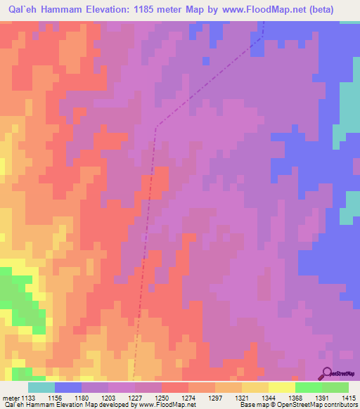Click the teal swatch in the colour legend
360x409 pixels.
tap(41, 387)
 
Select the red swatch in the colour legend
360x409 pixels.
tap(174, 387)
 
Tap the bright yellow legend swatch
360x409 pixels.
tap(281, 387)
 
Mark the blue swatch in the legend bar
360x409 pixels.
tap(68, 387)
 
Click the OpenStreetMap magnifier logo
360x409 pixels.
tap(326, 373)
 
